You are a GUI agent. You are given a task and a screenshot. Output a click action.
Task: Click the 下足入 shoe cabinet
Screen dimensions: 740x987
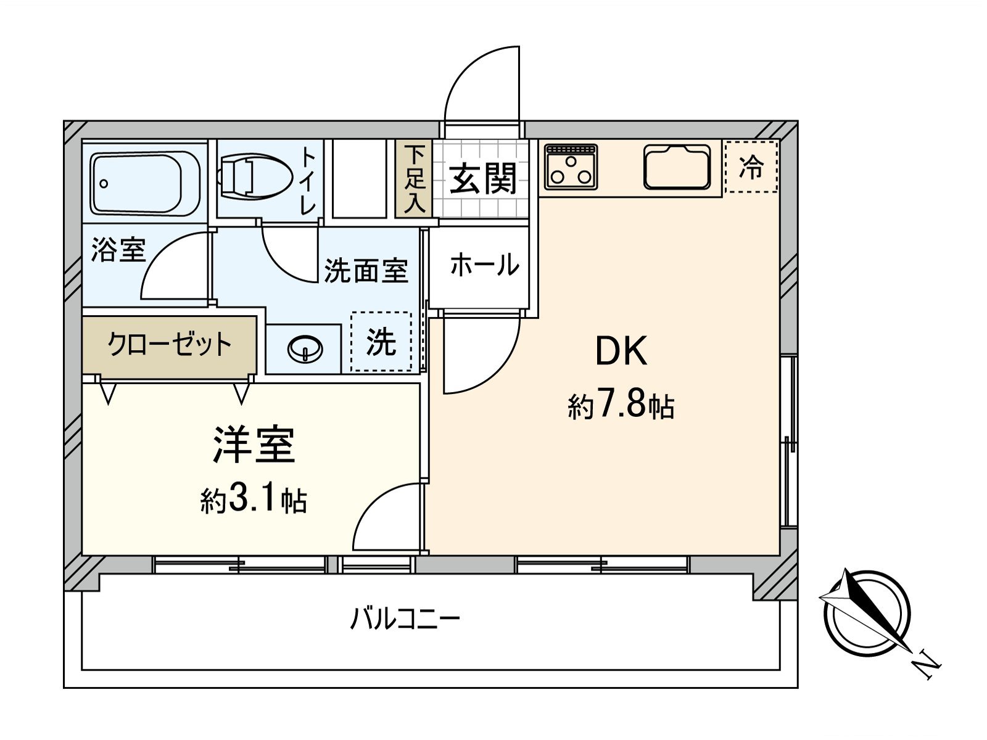point(415,179)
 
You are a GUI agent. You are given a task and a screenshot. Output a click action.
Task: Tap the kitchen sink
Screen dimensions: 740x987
point(677,166)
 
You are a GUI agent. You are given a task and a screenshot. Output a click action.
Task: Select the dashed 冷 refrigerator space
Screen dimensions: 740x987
point(751,166)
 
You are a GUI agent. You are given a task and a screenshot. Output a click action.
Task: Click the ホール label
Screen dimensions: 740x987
point(484,265)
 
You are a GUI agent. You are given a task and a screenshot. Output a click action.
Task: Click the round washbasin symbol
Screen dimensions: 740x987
point(305,350)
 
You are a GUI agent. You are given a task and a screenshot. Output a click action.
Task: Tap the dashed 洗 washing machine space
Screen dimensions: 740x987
point(381,342)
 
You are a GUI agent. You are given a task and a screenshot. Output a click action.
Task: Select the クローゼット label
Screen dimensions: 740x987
point(169,344)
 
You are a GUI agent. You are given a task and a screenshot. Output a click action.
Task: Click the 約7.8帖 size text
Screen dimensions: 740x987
point(621,406)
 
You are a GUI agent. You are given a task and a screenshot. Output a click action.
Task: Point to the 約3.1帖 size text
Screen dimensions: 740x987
point(254,501)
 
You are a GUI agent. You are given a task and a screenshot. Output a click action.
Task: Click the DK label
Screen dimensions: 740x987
point(621,351)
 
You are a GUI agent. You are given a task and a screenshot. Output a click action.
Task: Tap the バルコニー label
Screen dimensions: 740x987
point(405,617)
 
